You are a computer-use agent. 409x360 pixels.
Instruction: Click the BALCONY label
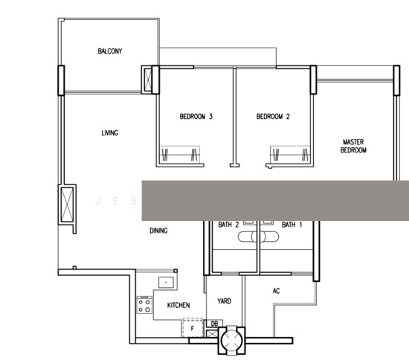point(110,51)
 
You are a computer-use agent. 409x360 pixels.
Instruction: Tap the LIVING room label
point(110,133)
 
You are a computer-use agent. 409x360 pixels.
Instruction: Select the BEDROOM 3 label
point(196,116)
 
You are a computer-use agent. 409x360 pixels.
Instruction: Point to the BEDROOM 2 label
point(273,116)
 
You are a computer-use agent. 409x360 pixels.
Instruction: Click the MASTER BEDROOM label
point(353,146)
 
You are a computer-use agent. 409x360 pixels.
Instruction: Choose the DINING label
point(158,231)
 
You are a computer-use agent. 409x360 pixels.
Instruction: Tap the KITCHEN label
point(178,305)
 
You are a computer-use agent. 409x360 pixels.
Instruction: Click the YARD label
point(225,301)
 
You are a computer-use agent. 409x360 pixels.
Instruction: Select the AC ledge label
point(276,291)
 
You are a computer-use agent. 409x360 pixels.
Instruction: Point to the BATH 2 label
point(228,225)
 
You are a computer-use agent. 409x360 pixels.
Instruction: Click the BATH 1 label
point(292,225)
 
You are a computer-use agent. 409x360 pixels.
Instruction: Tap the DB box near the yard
point(214,324)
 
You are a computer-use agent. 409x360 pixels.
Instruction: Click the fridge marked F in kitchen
point(193,328)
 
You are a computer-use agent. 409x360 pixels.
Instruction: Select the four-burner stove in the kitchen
point(144,305)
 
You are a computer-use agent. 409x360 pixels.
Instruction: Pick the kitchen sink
point(166,283)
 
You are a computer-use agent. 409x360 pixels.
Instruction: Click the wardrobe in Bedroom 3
point(179,155)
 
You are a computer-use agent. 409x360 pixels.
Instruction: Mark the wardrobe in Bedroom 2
point(290,155)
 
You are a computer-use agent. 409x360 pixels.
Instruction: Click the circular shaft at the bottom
point(231,340)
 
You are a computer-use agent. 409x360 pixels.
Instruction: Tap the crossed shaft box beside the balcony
point(148,80)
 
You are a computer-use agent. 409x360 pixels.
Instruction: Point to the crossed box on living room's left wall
point(67,205)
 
